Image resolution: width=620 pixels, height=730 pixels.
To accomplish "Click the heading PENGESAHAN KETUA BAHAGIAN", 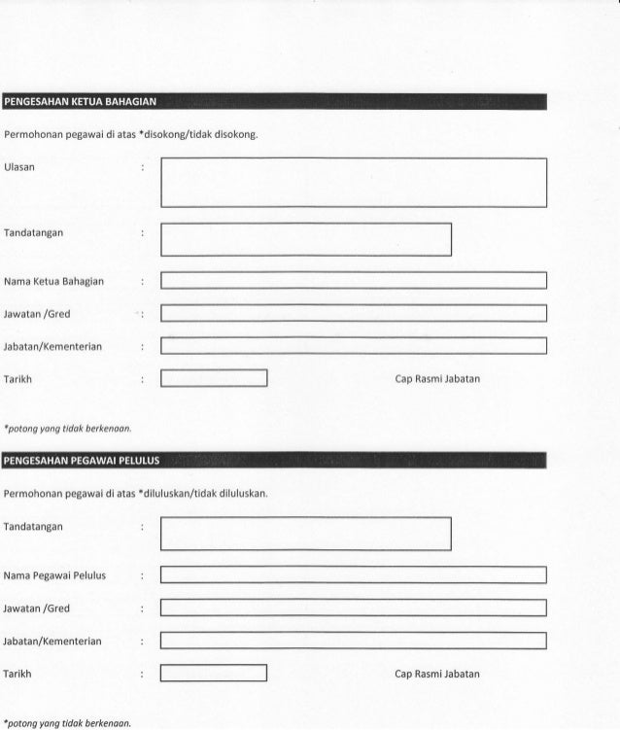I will (80, 101).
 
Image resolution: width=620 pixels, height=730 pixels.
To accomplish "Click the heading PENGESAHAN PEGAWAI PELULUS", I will (82, 460).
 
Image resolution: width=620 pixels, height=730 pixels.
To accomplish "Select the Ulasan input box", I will (354, 182).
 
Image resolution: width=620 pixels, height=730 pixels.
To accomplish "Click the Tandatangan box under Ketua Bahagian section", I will (306, 239).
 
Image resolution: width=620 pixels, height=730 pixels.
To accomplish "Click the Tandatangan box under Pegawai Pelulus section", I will (306, 533).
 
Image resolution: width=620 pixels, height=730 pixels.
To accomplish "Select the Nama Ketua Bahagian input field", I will (354, 281).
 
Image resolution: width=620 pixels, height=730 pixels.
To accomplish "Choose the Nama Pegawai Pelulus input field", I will (354, 574).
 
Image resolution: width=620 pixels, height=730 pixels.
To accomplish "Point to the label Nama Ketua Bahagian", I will (54, 282).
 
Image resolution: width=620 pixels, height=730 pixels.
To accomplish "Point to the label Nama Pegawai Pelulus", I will (55, 575).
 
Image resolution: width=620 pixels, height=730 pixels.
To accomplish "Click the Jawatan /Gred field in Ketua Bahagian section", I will (354, 313).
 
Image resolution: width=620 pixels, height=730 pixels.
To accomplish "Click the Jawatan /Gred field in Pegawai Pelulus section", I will (354, 608).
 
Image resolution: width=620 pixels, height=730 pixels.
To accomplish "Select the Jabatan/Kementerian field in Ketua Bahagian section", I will (354, 346).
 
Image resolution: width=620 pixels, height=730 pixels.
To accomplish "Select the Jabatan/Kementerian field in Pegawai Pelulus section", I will (354, 641).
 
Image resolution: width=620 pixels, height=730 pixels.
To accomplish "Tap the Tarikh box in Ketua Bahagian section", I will (214, 378).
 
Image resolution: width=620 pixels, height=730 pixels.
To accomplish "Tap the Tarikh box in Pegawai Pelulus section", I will (214, 673).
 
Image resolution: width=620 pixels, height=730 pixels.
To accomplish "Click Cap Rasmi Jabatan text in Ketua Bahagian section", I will (437, 378).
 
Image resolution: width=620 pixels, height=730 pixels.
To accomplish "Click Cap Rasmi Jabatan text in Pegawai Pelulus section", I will (437, 674).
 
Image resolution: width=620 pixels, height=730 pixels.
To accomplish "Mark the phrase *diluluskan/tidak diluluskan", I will (203, 493).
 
